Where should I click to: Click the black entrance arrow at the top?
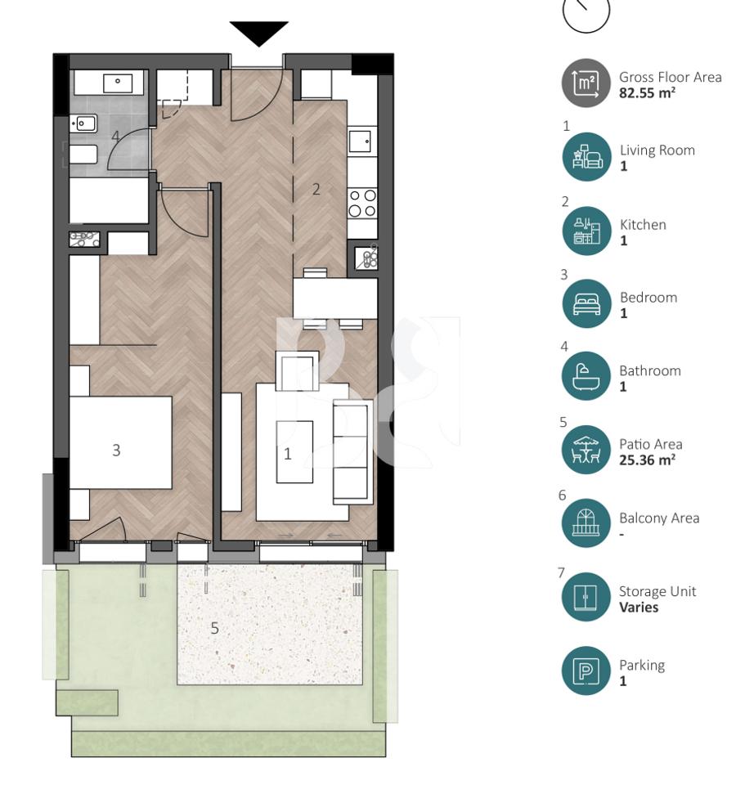(258, 33)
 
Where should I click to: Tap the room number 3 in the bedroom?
(116, 450)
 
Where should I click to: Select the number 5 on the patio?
(215, 628)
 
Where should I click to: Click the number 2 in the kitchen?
(316, 189)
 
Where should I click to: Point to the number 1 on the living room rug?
(287, 454)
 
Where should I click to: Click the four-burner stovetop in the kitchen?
(362, 203)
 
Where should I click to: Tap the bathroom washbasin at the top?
(119, 82)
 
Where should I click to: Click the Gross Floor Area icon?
(586, 83)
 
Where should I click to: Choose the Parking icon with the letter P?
(586, 672)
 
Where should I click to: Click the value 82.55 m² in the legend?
(647, 93)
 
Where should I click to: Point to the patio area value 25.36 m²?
(647, 460)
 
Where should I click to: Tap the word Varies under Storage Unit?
(638, 608)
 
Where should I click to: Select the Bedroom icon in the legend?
(586, 304)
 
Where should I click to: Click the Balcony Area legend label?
(658, 518)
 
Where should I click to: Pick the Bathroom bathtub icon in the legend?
(586, 377)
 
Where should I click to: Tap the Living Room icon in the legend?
(586, 157)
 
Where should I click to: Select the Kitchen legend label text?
(642, 224)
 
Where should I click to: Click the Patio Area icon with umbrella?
(586, 451)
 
